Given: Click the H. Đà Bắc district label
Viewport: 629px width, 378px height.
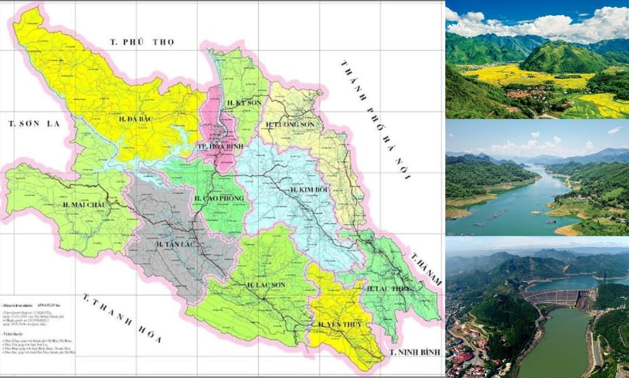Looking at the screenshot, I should pyautogui.click(x=137, y=118).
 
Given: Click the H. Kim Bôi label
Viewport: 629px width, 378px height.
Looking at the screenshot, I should pyautogui.click(x=307, y=190).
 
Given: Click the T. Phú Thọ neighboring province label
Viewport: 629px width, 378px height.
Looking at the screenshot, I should pyautogui.click(x=142, y=42).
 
